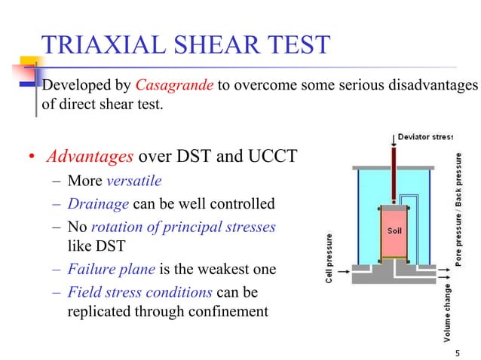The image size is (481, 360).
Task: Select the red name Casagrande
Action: (175, 86)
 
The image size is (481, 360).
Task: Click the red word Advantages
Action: (90, 157)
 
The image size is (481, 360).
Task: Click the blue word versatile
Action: (134, 182)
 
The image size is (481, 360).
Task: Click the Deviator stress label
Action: (425, 136)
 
